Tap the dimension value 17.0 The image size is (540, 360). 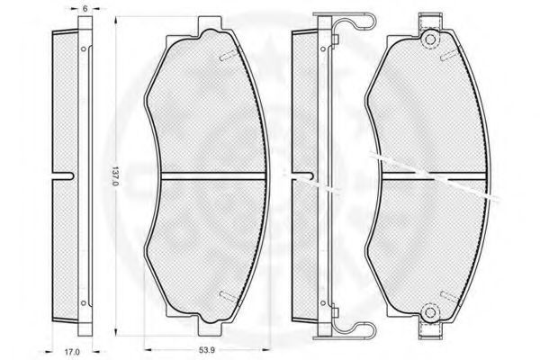click(72, 352)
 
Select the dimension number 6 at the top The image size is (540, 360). click(85, 9)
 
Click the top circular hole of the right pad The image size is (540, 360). click(430, 39)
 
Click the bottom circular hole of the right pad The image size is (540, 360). click(430, 312)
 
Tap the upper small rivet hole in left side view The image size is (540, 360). click(83, 49)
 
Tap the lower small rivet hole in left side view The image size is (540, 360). click(83, 303)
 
